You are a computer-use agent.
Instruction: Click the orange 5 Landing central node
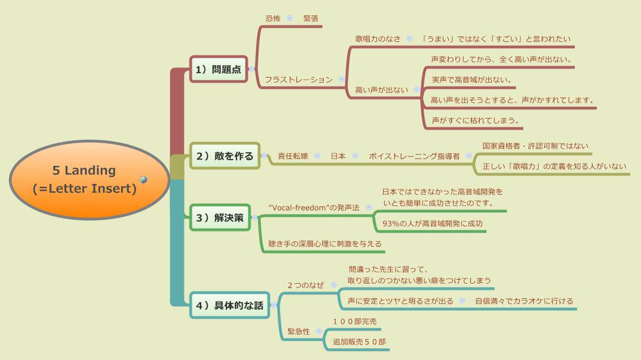tap(85, 179)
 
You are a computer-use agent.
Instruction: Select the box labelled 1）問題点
tap(218, 70)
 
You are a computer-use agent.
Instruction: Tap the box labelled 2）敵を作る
tap(225, 156)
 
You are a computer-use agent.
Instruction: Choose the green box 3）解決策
tap(220, 217)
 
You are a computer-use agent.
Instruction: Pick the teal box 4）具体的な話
tap(230, 305)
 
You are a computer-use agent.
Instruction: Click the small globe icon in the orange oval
tap(144, 180)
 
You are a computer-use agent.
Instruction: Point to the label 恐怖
tap(273, 18)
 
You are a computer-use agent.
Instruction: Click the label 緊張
tap(311, 18)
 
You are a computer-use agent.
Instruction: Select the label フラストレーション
tap(299, 80)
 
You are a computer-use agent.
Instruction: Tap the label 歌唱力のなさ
tap(378, 38)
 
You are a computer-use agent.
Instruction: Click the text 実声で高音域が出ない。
tap(472, 80)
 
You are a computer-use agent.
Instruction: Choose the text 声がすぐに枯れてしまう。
tap(476, 121)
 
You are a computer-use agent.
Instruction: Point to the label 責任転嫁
tap(293, 156)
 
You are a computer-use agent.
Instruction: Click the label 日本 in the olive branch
tap(338, 156)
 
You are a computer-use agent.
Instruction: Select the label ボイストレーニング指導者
tap(414, 156)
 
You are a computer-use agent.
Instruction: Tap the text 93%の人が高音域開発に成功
tap(433, 224)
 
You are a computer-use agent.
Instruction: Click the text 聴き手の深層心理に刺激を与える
tap(325, 244)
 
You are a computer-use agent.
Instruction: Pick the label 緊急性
tap(299, 332)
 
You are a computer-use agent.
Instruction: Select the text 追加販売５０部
tap(359, 342)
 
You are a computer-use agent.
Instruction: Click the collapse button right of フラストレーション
tap(342, 80)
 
